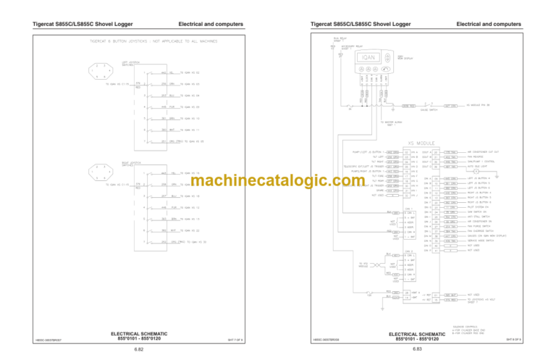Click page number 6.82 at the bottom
[x=138, y=349]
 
